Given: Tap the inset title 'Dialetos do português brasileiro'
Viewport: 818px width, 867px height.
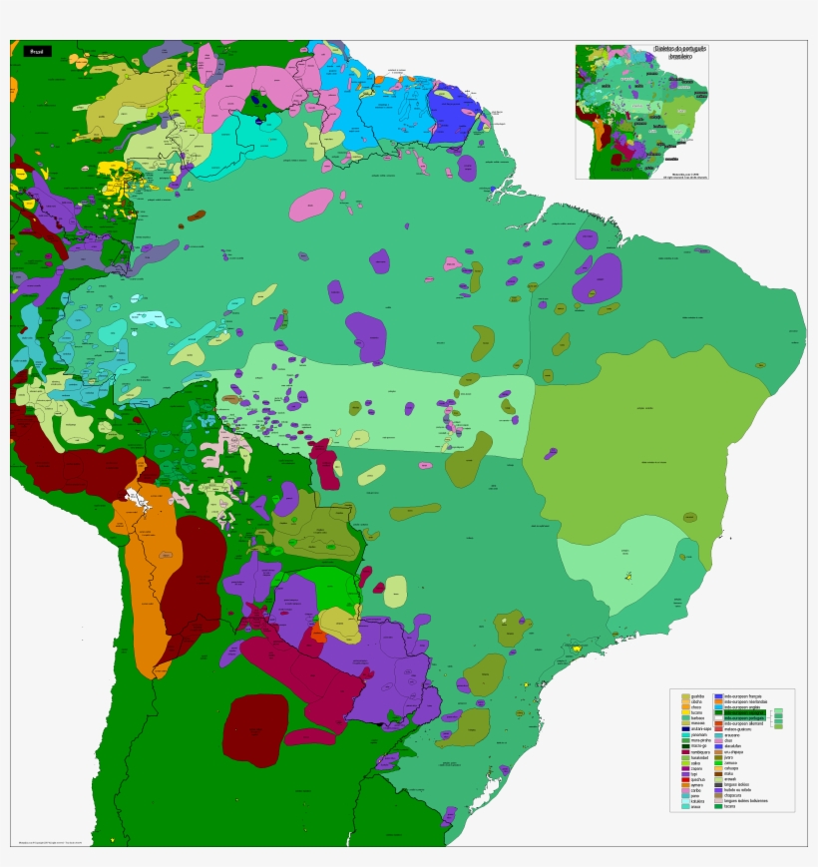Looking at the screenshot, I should pyautogui.click(x=680, y=52).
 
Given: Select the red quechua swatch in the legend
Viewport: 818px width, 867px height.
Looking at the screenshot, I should pyautogui.click(x=685, y=780).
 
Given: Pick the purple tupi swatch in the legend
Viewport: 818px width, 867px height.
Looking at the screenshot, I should pyautogui.click(x=685, y=774).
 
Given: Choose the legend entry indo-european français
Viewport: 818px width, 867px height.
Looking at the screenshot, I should pyautogui.click(x=742, y=696).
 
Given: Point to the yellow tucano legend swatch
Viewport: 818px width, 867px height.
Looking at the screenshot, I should pyautogui.click(x=685, y=712).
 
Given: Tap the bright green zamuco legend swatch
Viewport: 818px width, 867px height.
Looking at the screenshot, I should pyautogui.click(x=718, y=763).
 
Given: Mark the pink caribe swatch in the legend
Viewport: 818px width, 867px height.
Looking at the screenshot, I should pyautogui.click(x=685, y=790).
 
